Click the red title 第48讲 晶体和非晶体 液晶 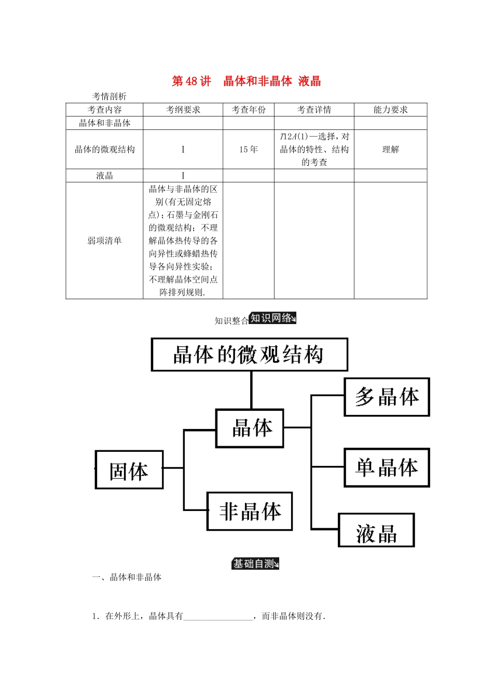(x=246, y=82)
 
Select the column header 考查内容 (x=104, y=110)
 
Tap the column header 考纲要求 (x=183, y=110)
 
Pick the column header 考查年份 (x=249, y=110)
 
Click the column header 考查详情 (x=314, y=110)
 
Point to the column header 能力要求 (x=391, y=110)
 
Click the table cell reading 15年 (x=249, y=150)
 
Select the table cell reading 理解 (x=391, y=150)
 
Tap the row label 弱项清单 (x=104, y=240)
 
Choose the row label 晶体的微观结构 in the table (x=104, y=150)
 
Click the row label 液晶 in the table (x=104, y=176)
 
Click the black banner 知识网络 (x=272, y=318)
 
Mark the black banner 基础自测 (x=255, y=563)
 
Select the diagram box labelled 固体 (x=129, y=469)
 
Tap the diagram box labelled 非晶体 (x=250, y=512)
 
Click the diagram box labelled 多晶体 (x=387, y=397)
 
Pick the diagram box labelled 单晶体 (x=387, y=467)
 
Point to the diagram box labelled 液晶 (x=376, y=530)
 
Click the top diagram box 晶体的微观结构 (x=250, y=355)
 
